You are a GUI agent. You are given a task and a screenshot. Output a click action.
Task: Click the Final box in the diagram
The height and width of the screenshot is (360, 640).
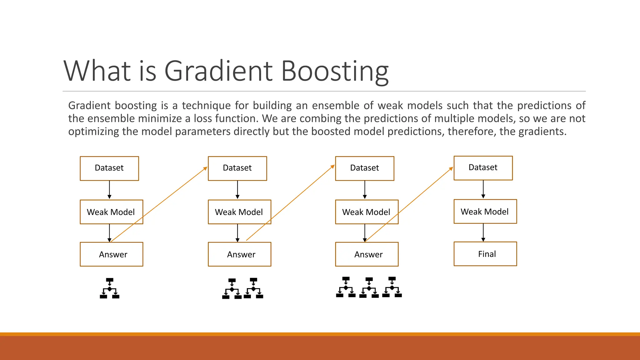coord(485,254)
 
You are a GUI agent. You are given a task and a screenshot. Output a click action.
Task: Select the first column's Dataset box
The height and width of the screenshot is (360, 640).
coord(109,168)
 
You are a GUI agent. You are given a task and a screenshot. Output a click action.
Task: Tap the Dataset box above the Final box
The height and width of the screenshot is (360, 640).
coord(483,168)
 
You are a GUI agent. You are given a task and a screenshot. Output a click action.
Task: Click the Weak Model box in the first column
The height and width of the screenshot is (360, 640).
coord(111,212)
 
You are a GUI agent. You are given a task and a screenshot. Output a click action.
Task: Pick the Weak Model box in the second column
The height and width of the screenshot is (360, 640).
coord(239,212)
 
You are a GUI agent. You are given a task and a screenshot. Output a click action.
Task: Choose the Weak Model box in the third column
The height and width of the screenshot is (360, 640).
coord(367,212)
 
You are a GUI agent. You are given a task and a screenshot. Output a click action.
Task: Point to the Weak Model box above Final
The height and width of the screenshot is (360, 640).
coord(485,211)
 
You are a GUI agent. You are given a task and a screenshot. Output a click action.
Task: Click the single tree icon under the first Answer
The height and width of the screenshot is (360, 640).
coord(109,288)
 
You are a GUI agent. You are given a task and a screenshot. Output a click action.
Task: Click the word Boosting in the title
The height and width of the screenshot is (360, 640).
coord(335,71)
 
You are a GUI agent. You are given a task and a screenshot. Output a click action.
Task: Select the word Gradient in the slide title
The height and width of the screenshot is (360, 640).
coord(218,71)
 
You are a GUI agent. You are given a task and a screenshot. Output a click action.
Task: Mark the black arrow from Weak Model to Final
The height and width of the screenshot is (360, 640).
coord(483,232)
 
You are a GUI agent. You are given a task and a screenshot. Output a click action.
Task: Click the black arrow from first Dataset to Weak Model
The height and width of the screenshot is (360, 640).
coord(109,190)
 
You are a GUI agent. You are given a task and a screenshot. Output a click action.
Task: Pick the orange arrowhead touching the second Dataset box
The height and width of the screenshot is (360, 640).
coord(205,169)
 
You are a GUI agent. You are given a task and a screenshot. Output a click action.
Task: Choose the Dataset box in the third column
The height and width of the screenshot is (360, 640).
coord(365,168)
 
